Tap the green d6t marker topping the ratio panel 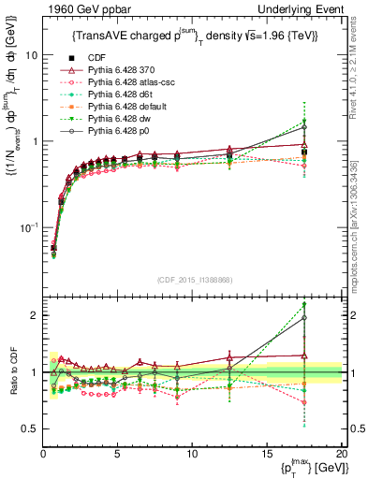[x=329, y=305]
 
